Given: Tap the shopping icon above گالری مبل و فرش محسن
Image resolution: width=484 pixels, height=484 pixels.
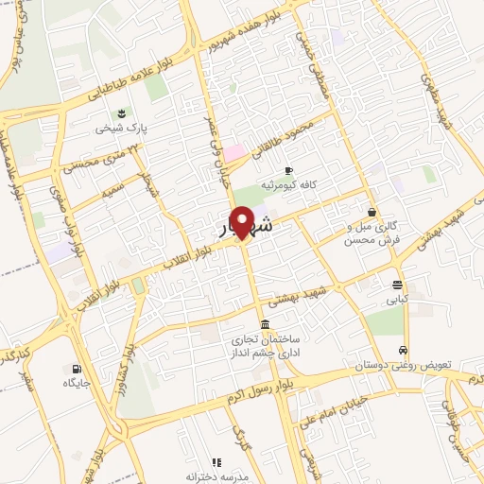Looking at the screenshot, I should pyautogui.click(x=372, y=212).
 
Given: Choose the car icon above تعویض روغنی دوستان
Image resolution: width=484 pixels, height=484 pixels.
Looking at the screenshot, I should pyautogui.click(x=405, y=349).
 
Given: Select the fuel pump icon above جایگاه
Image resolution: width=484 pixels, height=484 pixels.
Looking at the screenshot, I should pyautogui.click(x=76, y=369).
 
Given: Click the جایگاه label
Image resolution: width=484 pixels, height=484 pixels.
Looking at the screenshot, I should pyautogui.click(x=76, y=383).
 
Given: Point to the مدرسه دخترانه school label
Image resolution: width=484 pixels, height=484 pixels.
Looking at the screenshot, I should pyautogui.click(x=216, y=476).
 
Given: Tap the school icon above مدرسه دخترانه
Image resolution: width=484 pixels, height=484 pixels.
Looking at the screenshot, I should pyautogui.click(x=216, y=462).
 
